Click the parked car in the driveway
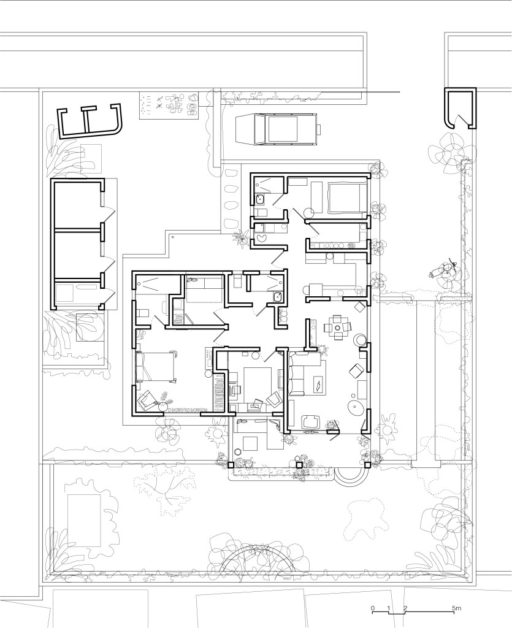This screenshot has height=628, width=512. tap(278, 129)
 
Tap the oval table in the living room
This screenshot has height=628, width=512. tap(356, 408)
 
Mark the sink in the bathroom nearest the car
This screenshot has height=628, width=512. tap(259, 199)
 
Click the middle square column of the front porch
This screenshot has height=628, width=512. tap(299, 465)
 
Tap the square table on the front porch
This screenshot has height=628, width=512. tap(251, 443)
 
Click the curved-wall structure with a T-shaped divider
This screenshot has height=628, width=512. tap(91, 120)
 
